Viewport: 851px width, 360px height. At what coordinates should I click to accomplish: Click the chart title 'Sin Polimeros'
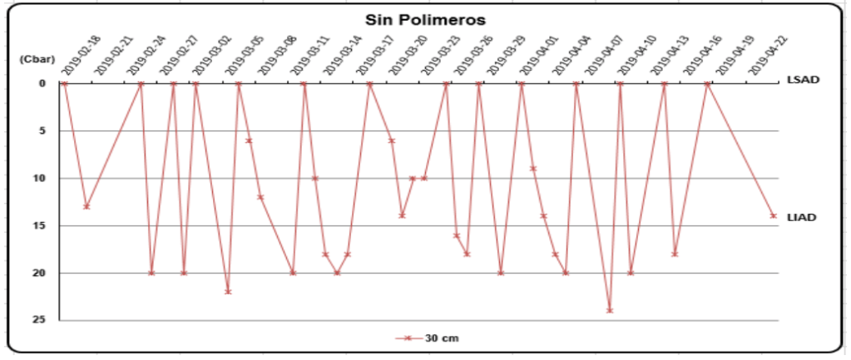pyautogui.click(x=426, y=19)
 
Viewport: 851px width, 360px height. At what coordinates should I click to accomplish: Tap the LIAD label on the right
pyautogui.click(x=803, y=217)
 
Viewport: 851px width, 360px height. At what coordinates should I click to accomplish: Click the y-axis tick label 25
pyautogui.click(x=40, y=320)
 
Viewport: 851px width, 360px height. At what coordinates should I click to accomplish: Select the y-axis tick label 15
pyautogui.click(x=40, y=225)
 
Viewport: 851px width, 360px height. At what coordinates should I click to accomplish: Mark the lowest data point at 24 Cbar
pyautogui.click(x=610, y=310)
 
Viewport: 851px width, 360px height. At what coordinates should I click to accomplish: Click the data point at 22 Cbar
pyautogui.click(x=228, y=292)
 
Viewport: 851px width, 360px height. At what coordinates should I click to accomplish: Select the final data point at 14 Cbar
pyautogui.click(x=774, y=215)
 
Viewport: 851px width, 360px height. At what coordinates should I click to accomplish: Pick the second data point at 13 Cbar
pyautogui.click(x=87, y=206)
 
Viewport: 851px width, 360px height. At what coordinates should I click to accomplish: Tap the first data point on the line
pyautogui.click(x=64, y=83)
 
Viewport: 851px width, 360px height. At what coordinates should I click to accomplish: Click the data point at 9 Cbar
pyautogui.click(x=533, y=169)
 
